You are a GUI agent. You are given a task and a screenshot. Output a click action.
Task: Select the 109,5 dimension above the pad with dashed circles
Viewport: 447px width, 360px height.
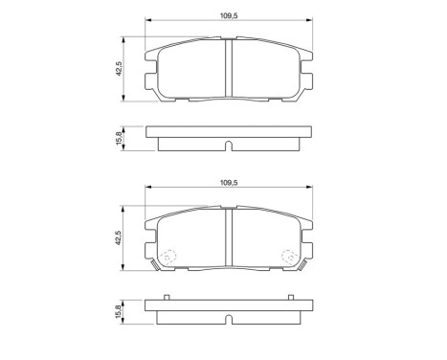click(229, 181)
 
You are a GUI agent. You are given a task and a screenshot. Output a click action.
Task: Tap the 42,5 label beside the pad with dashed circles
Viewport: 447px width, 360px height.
click(118, 237)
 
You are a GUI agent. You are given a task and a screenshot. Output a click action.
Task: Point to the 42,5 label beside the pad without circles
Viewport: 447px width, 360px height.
click(118, 71)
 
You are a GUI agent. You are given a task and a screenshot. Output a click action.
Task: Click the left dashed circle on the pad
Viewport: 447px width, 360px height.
click(169, 257)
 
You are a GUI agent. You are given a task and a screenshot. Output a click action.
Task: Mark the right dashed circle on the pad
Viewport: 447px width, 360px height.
click(288, 257)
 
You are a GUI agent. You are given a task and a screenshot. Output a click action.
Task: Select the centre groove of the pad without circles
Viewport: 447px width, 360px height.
click(229, 70)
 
